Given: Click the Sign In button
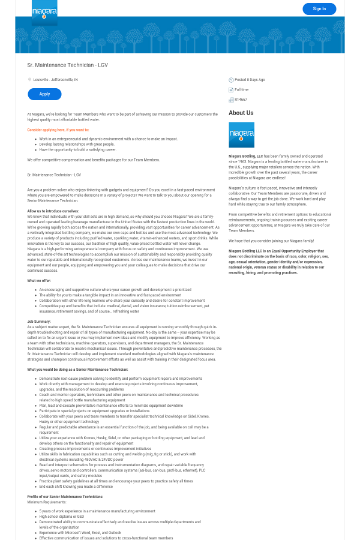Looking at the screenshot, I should [x=319, y=8].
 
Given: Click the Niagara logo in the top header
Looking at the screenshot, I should [x=44, y=11].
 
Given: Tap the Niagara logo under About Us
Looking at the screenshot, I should [x=241, y=134].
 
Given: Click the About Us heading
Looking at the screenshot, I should [x=241, y=113].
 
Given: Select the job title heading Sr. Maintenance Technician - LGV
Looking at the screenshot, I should [x=67, y=65].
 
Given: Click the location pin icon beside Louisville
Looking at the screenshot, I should [x=29, y=79].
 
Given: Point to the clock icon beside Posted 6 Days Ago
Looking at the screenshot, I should [x=231, y=80].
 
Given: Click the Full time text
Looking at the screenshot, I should [x=241, y=89].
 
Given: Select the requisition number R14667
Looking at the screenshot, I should [x=241, y=100].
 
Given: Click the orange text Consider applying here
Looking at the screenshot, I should [x=58, y=130].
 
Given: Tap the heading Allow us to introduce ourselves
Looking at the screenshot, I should [x=53, y=211].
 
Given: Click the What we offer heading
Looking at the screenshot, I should [x=39, y=281].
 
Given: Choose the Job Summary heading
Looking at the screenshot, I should [x=38, y=322].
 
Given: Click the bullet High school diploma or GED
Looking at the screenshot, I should [x=62, y=516].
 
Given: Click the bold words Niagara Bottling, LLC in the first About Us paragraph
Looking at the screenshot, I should [x=245, y=155].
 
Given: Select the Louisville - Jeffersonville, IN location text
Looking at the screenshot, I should [x=55, y=79].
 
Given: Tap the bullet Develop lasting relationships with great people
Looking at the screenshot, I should [x=77, y=144].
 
